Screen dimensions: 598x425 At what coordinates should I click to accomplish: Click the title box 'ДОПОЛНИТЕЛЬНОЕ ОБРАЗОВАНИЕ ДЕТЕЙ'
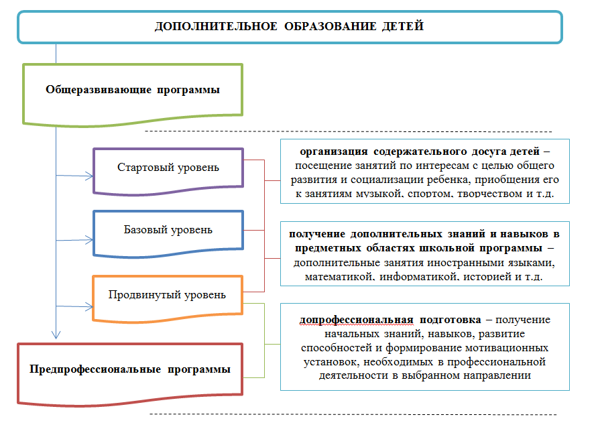[x=290, y=27]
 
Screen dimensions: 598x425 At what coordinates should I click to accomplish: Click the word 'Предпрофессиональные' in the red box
[x=94, y=369]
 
